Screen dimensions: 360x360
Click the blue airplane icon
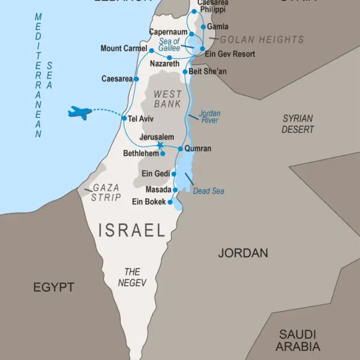(x=80, y=112)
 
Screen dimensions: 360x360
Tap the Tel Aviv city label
(x=141, y=118)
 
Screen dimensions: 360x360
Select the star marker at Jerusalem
(x=160, y=145)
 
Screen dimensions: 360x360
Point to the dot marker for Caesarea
(x=137, y=79)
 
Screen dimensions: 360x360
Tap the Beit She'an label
(x=208, y=71)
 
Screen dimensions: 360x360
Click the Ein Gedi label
(x=155, y=173)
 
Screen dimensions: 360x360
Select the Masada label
(x=158, y=190)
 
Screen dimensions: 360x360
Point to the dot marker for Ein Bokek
(x=171, y=202)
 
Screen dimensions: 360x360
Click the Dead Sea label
(x=209, y=191)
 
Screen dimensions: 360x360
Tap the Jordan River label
(x=209, y=116)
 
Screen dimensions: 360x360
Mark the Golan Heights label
(x=262, y=40)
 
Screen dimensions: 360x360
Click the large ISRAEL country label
(x=131, y=230)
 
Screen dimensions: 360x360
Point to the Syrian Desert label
(x=298, y=124)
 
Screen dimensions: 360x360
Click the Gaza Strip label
(x=106, y=193)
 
